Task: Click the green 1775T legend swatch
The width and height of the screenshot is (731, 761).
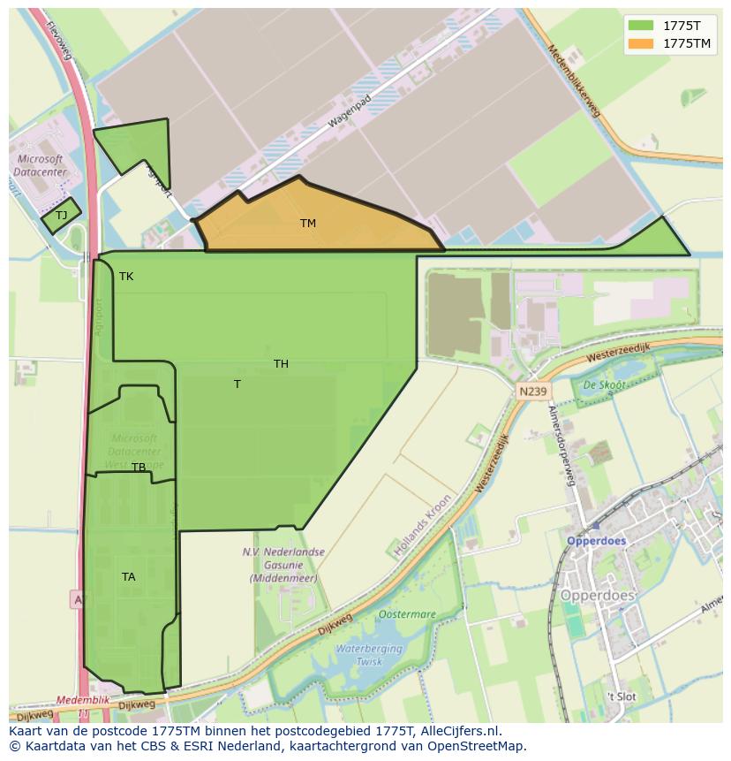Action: [x=641, y=26]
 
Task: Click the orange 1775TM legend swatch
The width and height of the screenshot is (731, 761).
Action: [x=641, y=43]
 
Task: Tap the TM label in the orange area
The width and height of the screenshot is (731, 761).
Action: [x=307, y=224]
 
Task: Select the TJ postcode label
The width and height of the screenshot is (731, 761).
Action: [x=62, y=216]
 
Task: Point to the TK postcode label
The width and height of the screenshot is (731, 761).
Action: [x=126, y=277]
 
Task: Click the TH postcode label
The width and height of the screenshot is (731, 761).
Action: [x=281, y=364]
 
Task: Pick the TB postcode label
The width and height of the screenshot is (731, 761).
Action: [x=139, y=468]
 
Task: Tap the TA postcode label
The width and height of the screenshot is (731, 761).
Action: [x=129, y=577]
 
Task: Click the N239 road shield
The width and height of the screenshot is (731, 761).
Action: [x=532, y=391]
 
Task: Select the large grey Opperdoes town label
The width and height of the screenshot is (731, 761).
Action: [x=598, y=596]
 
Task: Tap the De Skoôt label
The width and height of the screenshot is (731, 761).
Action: [x=604, y=385]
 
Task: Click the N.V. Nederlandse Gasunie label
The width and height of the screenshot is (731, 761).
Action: [x=283, y=565]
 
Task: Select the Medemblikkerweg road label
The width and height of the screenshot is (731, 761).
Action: [x=574, y=80]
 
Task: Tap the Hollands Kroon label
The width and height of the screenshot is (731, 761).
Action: [x=423, y=524]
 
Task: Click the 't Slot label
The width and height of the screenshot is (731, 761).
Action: [x=621, y=696]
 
